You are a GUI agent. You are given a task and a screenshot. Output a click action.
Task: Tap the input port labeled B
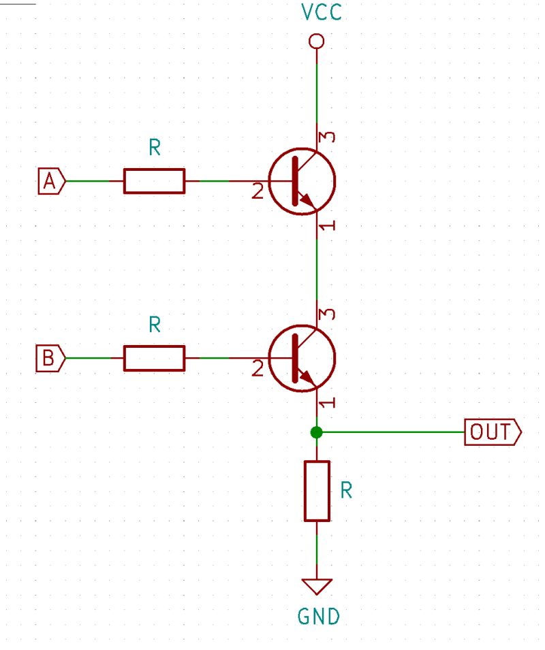pyautogui.click(x=50, y=357)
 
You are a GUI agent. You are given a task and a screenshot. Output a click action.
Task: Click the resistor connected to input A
pyautogui.click(x=154, y=181)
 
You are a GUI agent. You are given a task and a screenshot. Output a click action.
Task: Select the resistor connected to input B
pyautogui.click(x=154, y=357)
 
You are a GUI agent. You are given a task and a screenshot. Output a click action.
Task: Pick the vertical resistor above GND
pyautogui.click(x=317, y=491)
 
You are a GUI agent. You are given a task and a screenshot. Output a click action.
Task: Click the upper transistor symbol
pyautogui.click(x=302, y=181)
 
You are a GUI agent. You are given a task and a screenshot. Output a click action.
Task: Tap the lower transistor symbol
pyautogui.click(x=302, y=357)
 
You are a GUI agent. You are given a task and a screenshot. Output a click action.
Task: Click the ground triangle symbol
pyautogui.click(x=317, y=586)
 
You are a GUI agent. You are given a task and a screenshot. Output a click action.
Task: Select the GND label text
pyautogui.click(x=319, y=617)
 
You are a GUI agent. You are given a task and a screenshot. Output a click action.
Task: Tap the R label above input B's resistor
pyautogui.click(x=155, y=326)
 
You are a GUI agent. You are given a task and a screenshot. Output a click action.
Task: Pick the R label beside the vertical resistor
pyautogui.click(x=346, y=491)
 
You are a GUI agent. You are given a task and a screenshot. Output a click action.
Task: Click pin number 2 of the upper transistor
pyautogui.click(x=257, y=193)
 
